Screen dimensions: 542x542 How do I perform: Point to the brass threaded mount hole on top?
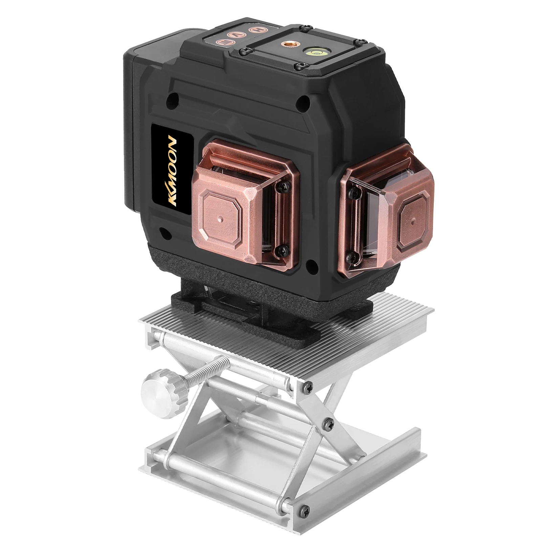(x=288, y=44)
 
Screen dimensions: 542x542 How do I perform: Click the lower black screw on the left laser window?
(x=282, y=250)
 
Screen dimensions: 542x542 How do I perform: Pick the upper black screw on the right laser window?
(x=353, y=193)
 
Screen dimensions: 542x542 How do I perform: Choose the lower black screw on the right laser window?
(x=353, y=258)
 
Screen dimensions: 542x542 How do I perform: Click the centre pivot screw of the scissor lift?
(x=327, y=421)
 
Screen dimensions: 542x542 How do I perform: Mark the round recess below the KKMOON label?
(x=164, y=233)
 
